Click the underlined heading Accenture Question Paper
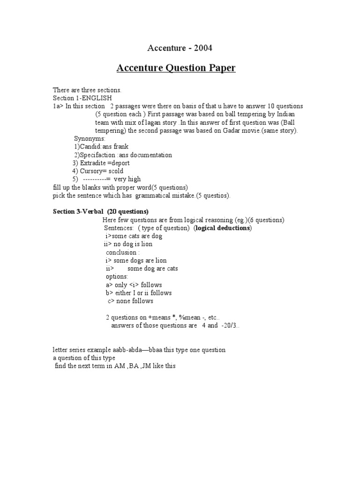click(176, 68)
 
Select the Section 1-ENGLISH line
click(82, 98)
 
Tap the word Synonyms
click(90, 139)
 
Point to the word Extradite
click(93, 163)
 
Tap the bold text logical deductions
click(223, 228)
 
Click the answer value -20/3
click(232, 326)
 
